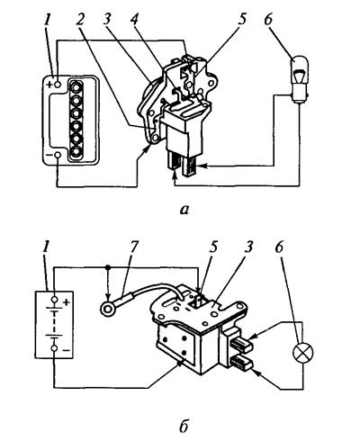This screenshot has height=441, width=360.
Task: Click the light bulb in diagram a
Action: [299, 80]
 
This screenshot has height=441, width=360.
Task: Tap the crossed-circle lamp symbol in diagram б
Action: [302, 351]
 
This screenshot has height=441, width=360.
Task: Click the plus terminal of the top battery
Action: [58, 85]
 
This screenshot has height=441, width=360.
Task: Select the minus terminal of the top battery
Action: [58, 155]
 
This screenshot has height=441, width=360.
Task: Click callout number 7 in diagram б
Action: [132, 249]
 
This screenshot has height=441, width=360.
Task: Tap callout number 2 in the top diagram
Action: [79, 21]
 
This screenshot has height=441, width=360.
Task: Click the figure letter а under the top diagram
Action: [184, 211]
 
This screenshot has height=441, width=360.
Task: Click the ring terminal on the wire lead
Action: [106, 309]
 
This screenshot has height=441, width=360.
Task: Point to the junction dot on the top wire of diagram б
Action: [108, 266]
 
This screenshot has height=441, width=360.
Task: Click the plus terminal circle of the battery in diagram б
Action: [54, 300]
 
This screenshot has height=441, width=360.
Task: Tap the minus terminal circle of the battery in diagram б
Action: [54, 348]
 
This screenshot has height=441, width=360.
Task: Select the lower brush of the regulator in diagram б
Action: [242, 362]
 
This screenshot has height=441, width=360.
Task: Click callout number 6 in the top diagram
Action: [268, 21]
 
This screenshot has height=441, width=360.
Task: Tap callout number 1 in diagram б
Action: [46, 249]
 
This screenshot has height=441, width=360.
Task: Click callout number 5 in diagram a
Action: [242, 21]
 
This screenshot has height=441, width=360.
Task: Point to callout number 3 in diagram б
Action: [248, 249]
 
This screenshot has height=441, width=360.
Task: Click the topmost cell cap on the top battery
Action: [76, 86]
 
